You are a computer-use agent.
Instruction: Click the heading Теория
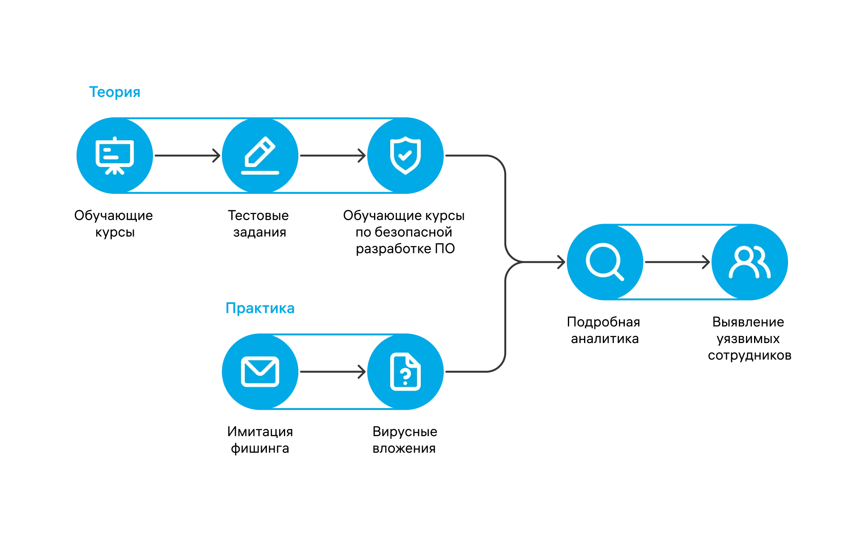coord(114,92)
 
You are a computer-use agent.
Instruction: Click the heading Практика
coord(260,308)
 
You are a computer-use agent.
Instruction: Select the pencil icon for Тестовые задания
coord(260,156)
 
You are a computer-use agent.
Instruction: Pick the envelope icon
coord(260,372)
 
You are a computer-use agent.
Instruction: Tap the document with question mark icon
coord(405,372)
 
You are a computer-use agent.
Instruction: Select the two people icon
coord(750,262)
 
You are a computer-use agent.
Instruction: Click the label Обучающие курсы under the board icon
coord(113,224)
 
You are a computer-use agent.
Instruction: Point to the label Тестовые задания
coord(258,224)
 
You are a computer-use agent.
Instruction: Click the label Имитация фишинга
coord(260,440)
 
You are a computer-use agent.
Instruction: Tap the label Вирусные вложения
coord(405,440)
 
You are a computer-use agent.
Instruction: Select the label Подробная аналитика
coord(604,330)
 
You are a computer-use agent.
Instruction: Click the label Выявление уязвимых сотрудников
coord(749,338)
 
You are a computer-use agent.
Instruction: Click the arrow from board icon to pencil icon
coord(187,156)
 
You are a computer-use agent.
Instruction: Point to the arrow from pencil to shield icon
coord(333,156)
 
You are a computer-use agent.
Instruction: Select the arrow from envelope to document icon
coord(333,372)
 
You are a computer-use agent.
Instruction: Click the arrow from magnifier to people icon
coord(678,262)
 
